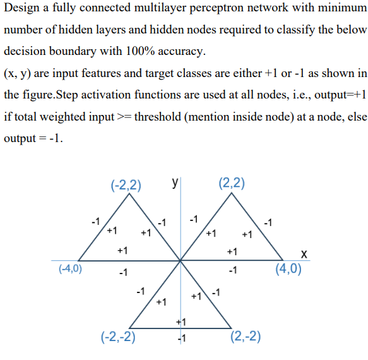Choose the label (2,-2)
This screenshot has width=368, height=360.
[246, 335]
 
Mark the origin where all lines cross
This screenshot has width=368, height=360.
[181, 260]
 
